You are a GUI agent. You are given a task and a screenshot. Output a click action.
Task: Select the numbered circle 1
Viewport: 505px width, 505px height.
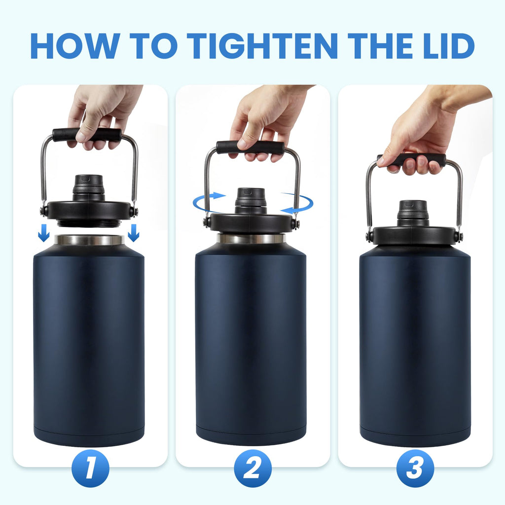[90, 469]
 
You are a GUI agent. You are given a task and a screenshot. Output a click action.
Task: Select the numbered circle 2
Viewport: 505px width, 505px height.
[252, 469]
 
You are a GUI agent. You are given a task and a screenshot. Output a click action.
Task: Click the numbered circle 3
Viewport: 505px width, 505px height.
[415, 469]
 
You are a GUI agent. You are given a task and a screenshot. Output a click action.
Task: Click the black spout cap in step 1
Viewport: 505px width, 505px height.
[89, 187]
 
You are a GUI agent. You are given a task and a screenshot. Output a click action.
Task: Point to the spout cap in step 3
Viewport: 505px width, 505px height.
[413, 213]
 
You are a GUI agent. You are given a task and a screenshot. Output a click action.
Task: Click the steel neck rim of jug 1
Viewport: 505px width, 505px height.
[89, 240]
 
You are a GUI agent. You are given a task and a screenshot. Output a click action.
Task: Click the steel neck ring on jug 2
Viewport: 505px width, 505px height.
[252, 238]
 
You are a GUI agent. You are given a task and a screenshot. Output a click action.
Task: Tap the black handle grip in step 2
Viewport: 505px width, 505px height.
[251, 147]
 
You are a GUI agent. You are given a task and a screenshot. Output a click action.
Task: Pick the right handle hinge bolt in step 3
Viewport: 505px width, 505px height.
[459, 237]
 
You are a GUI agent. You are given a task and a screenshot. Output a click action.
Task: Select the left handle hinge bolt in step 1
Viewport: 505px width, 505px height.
[44, 211]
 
